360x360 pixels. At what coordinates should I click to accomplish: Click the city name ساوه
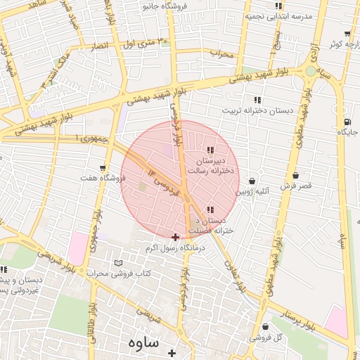point(145,342)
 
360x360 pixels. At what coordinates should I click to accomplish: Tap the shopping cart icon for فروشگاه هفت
point(103,168)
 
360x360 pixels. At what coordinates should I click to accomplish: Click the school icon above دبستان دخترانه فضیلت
point(211,209)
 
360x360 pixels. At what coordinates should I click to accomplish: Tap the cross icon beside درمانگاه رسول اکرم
point(175,237)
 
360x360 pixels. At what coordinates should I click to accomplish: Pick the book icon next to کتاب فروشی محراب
point(118,262)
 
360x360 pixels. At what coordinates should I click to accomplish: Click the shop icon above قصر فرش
point(295,176)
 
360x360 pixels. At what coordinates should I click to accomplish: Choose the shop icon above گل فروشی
point(265,327)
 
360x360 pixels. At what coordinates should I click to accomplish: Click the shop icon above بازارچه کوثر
point(347,34)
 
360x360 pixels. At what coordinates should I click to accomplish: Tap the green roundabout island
point(310,70)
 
